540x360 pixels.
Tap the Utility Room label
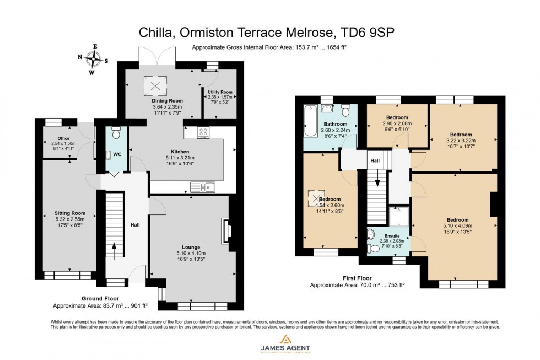(x=219, y=92)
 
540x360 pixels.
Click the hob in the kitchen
(x=203, y=132)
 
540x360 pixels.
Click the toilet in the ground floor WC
(x=116, y=134)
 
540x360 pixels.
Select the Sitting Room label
(x=69, y=213)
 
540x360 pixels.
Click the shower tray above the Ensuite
(x=399, y=216)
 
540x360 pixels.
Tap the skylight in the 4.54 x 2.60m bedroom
(x=316, y=197)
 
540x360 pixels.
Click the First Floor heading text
(x=357, y=278)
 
